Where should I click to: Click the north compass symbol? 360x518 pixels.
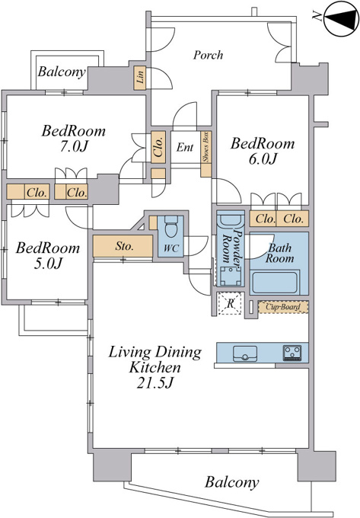342,19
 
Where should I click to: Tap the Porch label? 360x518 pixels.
208,55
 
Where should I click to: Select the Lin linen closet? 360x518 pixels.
140,78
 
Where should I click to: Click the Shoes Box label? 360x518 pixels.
206,147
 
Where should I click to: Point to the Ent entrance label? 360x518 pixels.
185,147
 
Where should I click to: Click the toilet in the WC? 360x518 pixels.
170,226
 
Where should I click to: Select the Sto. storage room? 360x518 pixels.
123,246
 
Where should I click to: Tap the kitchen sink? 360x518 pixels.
245,353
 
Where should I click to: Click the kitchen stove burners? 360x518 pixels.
292,353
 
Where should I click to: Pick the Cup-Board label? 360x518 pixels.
283,307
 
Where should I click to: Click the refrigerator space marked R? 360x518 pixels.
230,304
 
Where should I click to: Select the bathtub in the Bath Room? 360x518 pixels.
275,282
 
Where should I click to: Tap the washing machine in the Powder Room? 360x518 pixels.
231,276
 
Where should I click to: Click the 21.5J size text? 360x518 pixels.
155,383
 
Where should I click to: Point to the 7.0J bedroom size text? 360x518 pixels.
74,146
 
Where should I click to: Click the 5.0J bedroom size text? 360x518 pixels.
48,264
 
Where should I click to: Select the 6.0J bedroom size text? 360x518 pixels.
263,159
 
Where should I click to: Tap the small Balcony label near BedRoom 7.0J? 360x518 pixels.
62,72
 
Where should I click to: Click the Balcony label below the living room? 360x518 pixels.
231,482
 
